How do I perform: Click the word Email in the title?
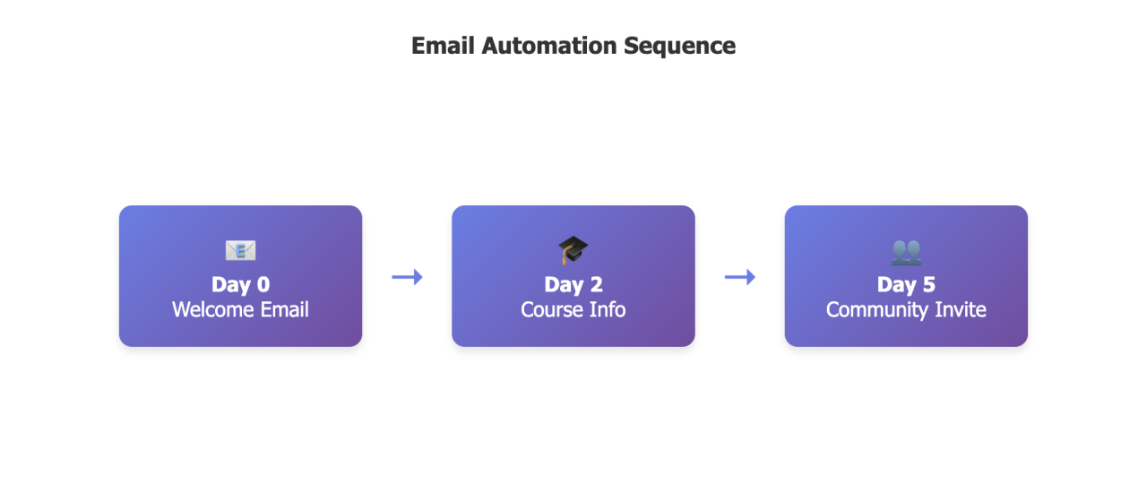443,46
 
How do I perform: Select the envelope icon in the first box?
240,251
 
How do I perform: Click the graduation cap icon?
573,250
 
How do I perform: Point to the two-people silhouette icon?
906,252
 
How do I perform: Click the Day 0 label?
240,284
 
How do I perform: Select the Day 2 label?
573,284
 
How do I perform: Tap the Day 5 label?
906,284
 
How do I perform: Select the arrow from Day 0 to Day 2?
407,277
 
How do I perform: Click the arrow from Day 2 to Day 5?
739,277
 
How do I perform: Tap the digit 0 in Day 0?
263,284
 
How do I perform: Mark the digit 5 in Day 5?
928,284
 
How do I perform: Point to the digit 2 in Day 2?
596,284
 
